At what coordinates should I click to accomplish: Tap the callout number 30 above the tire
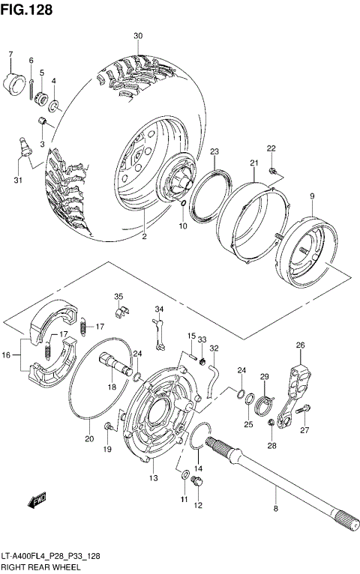point(137,36)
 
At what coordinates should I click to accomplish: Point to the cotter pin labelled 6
point(31,88)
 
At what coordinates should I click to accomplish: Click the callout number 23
point(214,152)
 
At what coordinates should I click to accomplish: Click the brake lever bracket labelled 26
point(300,375)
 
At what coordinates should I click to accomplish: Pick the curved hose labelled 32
point(213,375)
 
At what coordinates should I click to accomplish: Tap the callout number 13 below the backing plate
point(153,479)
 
